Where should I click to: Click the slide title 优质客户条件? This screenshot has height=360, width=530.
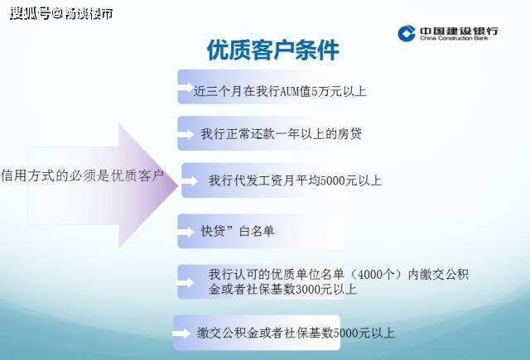[x=272, y=50]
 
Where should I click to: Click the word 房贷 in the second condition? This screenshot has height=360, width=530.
[x=349, y=133]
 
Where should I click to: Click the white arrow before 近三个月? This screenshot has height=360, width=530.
[x=185, y=89]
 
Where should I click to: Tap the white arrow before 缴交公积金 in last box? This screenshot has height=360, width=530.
[x=182, y=334]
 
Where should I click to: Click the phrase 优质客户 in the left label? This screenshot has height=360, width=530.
[x=137, y=176]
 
